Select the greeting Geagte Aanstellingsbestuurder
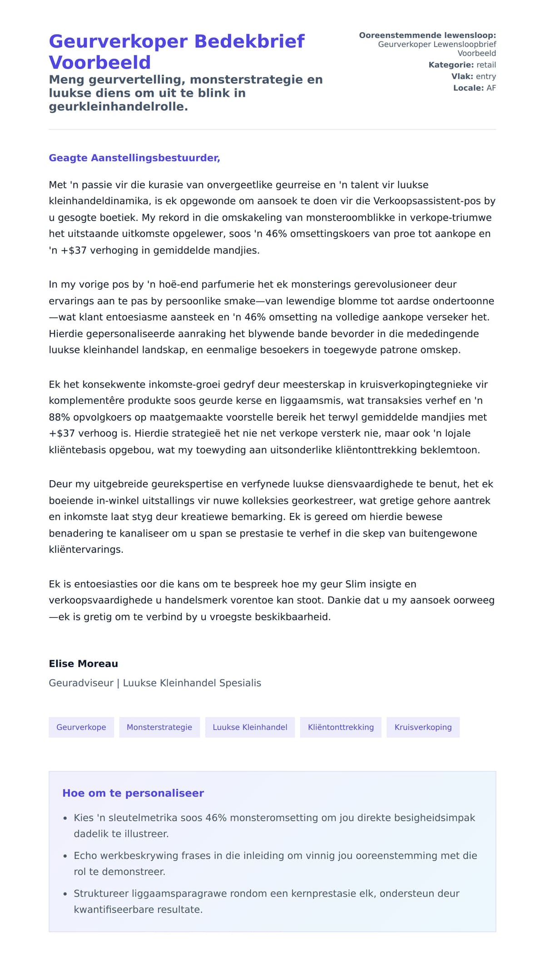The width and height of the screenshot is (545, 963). point(134,158)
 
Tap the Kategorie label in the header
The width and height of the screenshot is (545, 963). point(451,65)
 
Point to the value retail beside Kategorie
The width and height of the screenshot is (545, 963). point(486,65)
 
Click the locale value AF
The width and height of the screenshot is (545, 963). point(491,88)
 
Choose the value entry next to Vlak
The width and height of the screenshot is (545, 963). point(486,76)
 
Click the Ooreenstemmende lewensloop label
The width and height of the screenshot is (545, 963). point(427,35)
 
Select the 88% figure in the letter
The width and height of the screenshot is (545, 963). point(59,417)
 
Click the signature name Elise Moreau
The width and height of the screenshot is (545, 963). point(83,664)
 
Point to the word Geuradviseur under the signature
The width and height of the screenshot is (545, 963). point(81,683)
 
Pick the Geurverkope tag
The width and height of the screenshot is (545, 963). point(81,727)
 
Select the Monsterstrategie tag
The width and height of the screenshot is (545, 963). point(159,727)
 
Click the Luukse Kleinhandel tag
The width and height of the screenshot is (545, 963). point(250,727)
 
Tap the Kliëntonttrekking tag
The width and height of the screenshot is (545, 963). point(341,727)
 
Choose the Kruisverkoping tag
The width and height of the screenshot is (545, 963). point(423,727)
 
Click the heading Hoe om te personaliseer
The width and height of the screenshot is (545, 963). point(133,793)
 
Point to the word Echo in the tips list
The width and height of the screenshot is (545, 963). point(85,856)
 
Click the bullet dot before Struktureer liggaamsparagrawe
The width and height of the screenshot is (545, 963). point(65,894)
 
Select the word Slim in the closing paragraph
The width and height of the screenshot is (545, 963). point(356,584)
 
